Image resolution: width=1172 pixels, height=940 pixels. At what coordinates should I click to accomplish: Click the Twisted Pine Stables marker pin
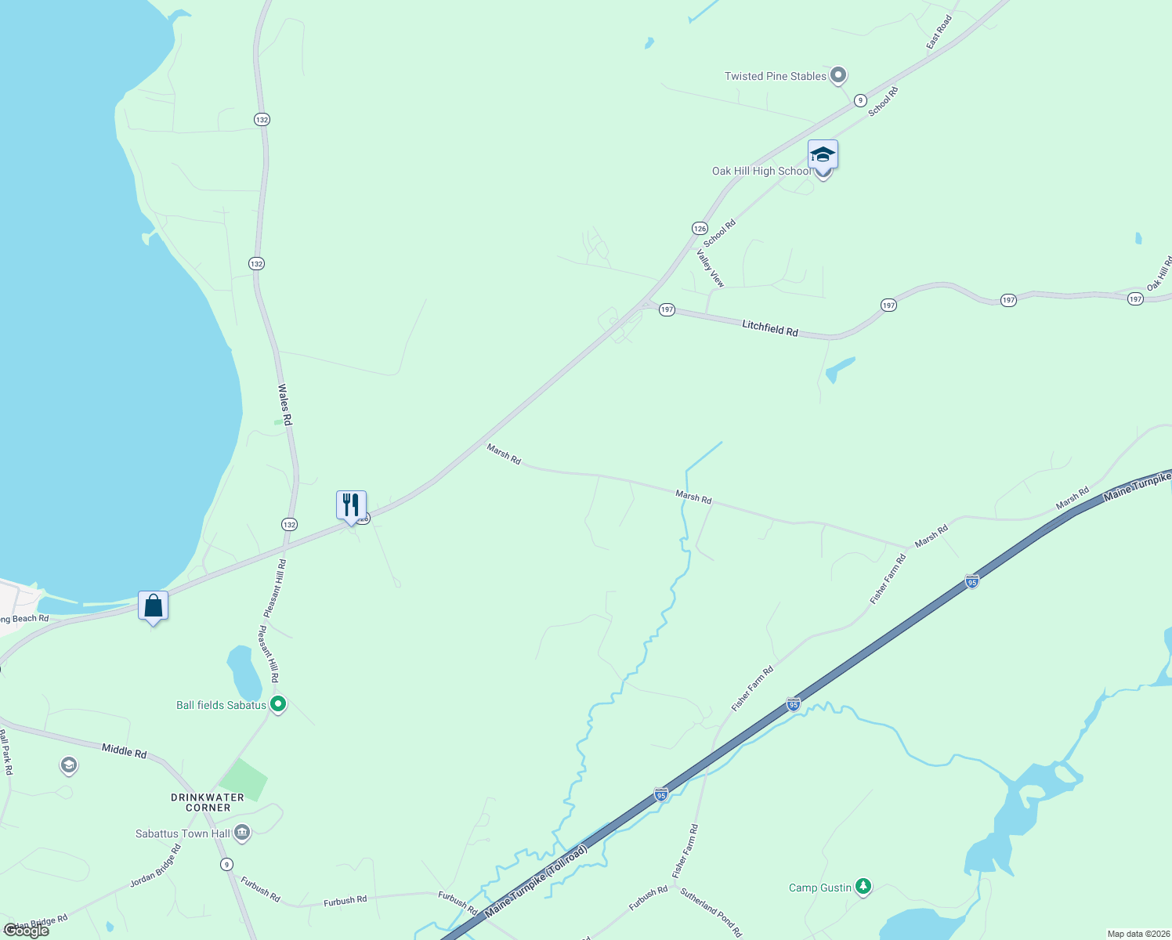coord(838,75)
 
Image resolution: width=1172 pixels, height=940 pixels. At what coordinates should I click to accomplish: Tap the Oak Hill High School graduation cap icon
coord(823,154)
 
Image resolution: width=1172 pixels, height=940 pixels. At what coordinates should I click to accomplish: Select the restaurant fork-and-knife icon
coord(351,504)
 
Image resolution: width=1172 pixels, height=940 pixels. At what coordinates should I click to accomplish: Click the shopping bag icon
coord(154,606)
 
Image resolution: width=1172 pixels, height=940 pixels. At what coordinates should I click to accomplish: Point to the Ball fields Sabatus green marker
coord(277,703)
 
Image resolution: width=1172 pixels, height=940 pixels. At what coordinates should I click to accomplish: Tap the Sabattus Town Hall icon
coord(242,832)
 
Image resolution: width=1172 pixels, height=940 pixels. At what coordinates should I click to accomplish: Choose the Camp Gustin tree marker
coord(863,886)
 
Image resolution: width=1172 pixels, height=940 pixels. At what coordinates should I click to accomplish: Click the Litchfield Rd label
coord(770,328)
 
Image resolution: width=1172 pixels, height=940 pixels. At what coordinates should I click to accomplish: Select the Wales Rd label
coord(285,404)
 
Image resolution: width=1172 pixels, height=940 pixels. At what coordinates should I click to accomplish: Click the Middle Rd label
coord(124,751)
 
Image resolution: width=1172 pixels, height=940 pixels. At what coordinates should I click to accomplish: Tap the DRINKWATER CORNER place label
coord(208,802)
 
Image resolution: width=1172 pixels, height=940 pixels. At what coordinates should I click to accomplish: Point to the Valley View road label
coord(711,268)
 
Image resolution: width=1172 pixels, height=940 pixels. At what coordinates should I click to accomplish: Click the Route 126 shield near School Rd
coord(700,228)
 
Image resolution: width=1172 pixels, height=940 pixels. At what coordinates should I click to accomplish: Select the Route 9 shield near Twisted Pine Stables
coord(860,100)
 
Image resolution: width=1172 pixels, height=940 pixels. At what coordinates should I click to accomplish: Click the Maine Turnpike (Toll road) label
coord(536,881)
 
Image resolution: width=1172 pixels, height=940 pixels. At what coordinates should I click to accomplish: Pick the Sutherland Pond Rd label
coord(711,912)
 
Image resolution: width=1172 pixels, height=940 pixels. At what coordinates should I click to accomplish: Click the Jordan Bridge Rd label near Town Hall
coord(155,866)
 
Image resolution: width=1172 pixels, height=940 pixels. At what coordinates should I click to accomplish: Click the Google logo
coord(27,930)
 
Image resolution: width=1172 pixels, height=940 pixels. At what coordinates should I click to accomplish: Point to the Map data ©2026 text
coord(1135,934)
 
